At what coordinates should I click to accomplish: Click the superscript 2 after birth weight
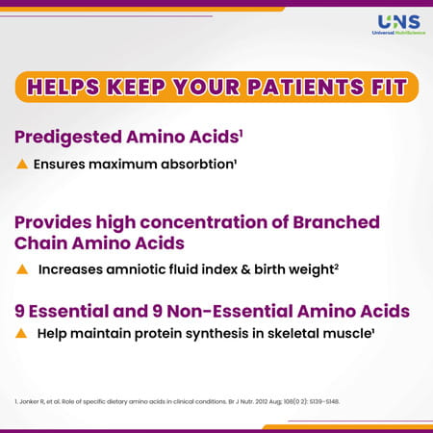[335, 268]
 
